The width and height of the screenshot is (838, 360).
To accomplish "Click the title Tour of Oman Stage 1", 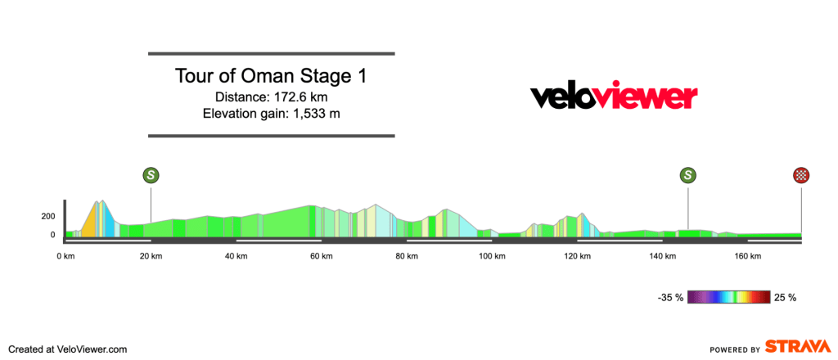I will (271, 76).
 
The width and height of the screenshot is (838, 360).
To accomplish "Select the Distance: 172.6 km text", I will (271, 97).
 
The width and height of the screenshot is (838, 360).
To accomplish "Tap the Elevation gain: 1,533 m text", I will (271, 113).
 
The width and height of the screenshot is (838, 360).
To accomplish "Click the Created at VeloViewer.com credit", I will (68, 349).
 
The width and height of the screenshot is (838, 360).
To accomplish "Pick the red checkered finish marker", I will (801, 174).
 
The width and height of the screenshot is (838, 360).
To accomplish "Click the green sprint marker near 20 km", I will (151, 174).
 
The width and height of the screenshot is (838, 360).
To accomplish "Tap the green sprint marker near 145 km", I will (688, 174).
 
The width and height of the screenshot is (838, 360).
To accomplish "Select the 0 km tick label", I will (65, 256).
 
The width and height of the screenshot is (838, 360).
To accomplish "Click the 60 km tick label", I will (321, 256).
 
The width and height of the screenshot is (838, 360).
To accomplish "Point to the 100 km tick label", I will (492, 256).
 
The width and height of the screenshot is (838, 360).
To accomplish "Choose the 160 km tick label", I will (747, 256).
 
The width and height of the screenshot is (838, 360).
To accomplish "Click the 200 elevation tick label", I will (47, 217).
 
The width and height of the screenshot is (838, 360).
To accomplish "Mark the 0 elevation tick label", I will (52, 235).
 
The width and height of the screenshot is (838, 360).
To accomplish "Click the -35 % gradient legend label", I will (669, 297).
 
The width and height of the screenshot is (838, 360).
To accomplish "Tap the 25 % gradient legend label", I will (785, 297).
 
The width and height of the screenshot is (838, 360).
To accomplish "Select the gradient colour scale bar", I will (728, 297).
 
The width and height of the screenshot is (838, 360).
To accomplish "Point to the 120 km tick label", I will (577, 256).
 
